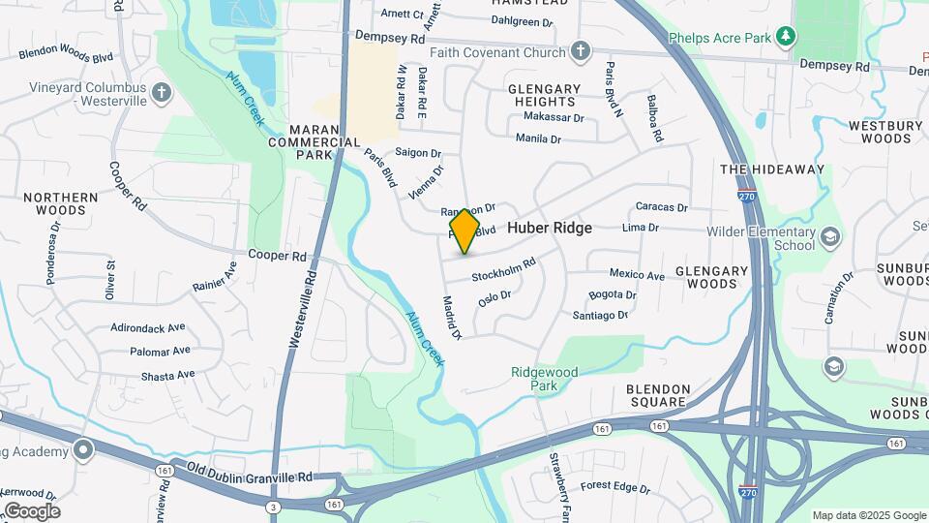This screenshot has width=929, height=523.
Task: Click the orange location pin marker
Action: coord(464,231)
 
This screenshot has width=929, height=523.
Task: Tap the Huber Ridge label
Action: coord(550,228)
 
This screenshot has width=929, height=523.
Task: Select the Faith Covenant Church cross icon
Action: coord(581,52)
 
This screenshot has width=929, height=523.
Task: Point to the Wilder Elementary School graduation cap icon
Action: coord(830,237)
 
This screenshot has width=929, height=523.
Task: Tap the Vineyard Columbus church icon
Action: coord(161,93)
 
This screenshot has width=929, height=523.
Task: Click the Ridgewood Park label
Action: coord(545,378)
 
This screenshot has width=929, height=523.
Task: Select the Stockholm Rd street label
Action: coord(503,270)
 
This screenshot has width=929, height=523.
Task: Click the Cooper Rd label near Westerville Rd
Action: coord(277,256)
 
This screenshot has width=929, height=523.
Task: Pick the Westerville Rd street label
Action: coord(304,310)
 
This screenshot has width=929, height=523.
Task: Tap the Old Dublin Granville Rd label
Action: coord(250,476)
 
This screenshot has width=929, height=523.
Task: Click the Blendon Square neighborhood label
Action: coord(659,395)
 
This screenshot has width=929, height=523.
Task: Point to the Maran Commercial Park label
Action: coord(314,141)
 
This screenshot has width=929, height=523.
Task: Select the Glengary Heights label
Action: coord(544,95)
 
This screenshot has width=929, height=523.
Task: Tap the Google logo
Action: coord(31,510)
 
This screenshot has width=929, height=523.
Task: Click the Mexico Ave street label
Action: coord(637,275)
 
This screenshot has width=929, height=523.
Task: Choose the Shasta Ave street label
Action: coord(167,375)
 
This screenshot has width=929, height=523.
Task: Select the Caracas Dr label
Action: coord(661,207)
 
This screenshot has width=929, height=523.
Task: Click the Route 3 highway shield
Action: coord(274,507)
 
